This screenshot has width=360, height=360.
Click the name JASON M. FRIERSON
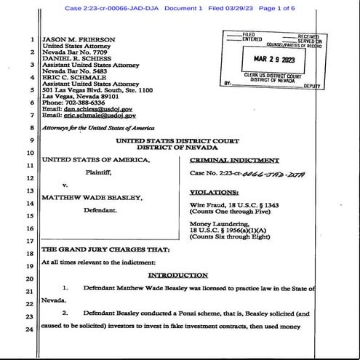tap(75, 38)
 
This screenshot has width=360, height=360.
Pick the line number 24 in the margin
tap(29, 330)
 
